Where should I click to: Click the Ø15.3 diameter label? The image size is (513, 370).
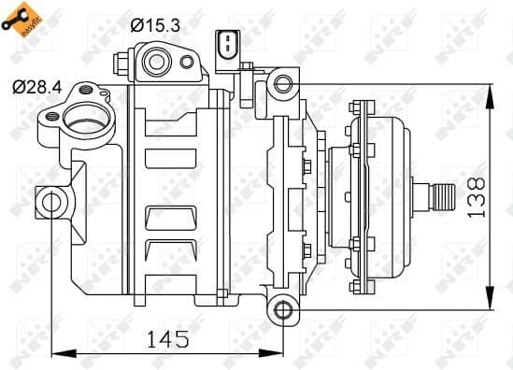click(156, 25)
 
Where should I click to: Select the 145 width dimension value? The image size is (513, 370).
click(167, 337)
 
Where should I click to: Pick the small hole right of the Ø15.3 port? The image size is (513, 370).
click(188, 62)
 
